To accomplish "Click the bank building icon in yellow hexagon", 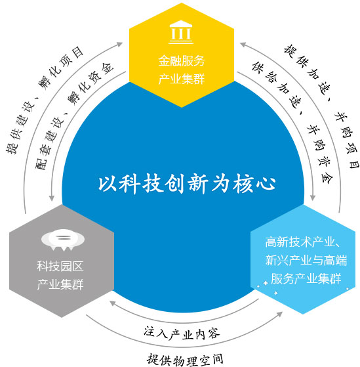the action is tap(181, 32).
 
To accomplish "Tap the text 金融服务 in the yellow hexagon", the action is tap(182, 60).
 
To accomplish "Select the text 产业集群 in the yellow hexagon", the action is tap(182, 79).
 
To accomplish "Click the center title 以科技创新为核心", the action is tap(186, 184).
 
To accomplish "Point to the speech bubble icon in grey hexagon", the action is tap(63, 240).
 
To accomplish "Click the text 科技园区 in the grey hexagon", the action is tap(60, 267).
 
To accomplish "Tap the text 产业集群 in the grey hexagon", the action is tap(60, 284).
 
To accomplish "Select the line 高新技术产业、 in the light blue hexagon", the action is tap(303, 242).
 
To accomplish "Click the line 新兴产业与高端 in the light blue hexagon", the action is tap(306, 260).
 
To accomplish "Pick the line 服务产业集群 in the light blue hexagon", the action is tap(306, 278).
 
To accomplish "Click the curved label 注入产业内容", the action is tap(182, 333).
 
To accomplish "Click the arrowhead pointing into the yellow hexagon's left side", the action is tap(120, 44).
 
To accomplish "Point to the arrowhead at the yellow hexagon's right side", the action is tap(243, 44).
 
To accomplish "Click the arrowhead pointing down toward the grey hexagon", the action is tap(52, 198).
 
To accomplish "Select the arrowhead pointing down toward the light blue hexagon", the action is tap(313, 197).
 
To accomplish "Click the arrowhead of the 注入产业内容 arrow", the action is tap(113, 303).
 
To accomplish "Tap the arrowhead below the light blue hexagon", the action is tap(279, 314).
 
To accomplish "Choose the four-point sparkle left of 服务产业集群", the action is tap(266, 283).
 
